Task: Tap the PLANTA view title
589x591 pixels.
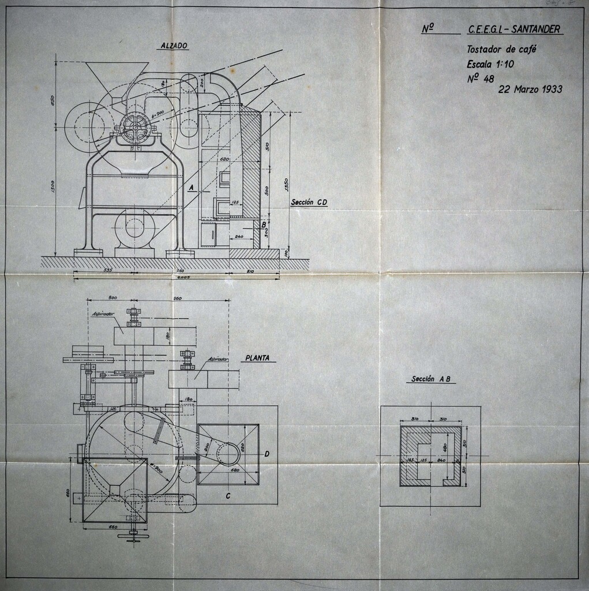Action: click(x=257, y=358)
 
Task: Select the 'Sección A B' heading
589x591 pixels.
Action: click(x=430, y=379)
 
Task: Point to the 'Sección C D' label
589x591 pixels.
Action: click(x=309, y=202)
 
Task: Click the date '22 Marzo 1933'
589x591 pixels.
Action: click(x=530, y=89)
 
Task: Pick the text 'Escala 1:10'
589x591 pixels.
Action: click(x=490, y=64)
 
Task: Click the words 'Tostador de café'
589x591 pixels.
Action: click(x=501, y=50)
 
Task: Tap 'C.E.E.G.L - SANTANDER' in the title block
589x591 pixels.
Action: click(x=515, y=29)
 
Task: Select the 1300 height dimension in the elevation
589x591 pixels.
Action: click(x=52, y=186)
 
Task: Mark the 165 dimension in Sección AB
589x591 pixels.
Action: click(x=410, y=459)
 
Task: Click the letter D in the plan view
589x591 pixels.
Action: click(x=267, y=454)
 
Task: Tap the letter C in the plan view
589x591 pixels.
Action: click(x=228, y=496)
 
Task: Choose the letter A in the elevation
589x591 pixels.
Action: click(x=190, y=188)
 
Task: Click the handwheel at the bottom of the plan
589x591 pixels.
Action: click(x=133, y=537)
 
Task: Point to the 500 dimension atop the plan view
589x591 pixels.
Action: click(x=112, y=297)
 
